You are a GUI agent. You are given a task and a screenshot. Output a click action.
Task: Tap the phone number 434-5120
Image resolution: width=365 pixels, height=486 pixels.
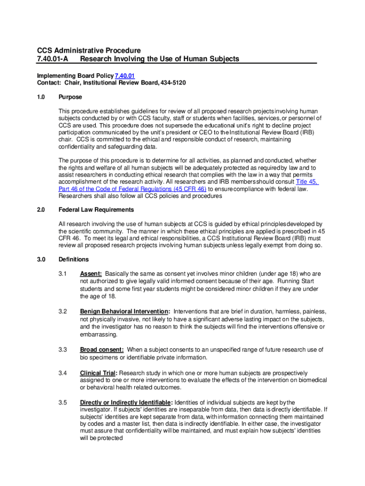click(173, 83)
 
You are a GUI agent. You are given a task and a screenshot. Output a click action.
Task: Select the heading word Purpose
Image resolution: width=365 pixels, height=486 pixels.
click(70, 97)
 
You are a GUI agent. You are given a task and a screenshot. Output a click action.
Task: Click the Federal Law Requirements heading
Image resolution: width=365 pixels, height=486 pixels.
click(96, 210)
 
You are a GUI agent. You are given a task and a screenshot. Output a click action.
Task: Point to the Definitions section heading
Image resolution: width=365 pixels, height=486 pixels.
click(73, 260)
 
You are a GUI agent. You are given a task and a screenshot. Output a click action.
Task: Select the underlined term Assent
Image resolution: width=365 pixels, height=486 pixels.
click(91, 274)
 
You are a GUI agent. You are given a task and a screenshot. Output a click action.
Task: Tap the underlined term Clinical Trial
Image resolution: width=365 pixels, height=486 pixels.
click(98, 373)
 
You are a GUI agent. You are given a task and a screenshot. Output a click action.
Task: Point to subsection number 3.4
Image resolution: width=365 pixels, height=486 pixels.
click(63, 373)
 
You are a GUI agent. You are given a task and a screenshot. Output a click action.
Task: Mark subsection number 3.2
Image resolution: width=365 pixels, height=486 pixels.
click(63, 312)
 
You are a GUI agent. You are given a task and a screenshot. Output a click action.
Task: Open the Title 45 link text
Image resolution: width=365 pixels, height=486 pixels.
click(307, 182)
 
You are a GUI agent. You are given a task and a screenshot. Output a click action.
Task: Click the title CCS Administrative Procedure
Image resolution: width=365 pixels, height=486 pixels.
click(89, 50)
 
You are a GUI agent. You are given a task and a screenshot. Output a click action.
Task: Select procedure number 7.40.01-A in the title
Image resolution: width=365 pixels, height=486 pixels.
click(53, 59)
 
